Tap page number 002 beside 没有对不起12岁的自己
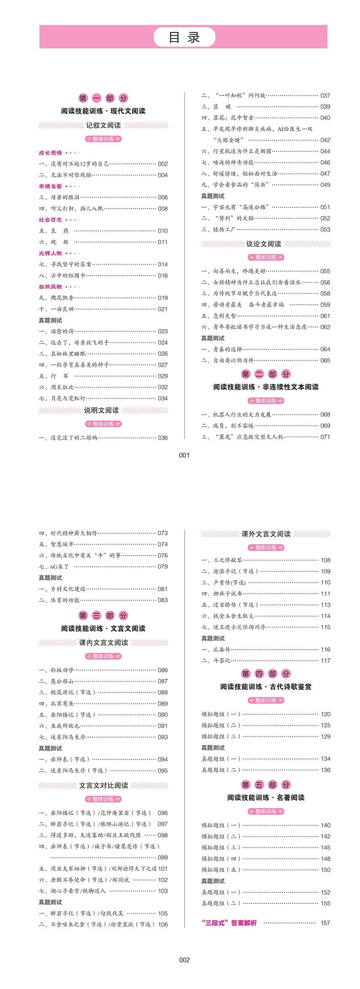(x=163, y=164)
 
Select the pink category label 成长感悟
(x=50, y=153)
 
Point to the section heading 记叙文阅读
(x=103, y=125)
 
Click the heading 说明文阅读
(x=101, y=410)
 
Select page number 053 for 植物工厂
(x=325, y=230)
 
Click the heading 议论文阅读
(x=264, y=244)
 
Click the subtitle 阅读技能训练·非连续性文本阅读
(x=266, y=387)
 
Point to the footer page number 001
(x=184, y=455)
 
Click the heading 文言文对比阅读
(x=103, y=785)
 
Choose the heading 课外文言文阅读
(x=266, y=534)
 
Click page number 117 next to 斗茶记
(x=325, y=661)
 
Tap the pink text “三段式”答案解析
(x=229, y=923)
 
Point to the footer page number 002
(x=184, y=960)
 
